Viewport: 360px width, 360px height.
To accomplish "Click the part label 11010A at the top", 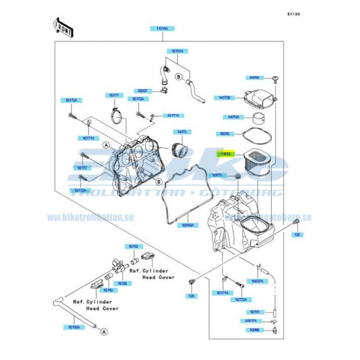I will pyautogui.click(x=163, y=28).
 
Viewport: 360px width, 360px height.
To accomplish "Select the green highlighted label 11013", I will pyautogui.click(x=226, y=154).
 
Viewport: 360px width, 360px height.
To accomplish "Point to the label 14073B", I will pyautogui.click(x=224, y=97).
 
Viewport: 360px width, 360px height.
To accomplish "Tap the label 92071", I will pyautogui.click(x=218, y=175).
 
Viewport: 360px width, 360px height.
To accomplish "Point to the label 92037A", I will pyautogui.click(x=257, y=281).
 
